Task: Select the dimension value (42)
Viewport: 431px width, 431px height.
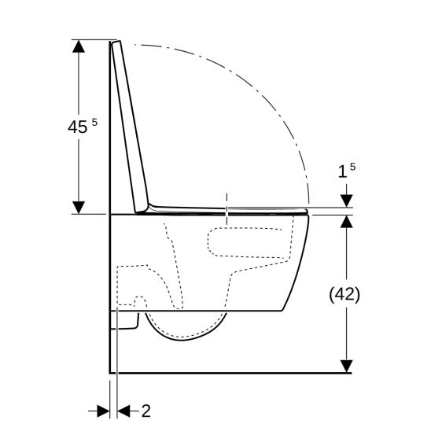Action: click(x=344, y=294)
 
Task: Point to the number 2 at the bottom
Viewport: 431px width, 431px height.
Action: click(x=146, y=410)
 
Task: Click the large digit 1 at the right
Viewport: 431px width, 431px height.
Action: click(x=343, y=172)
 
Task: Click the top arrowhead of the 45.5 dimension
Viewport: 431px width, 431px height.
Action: click(x=79, y=46)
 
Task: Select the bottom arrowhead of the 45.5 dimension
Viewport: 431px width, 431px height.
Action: click(x=79, y=206)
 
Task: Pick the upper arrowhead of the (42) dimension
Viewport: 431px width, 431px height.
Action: click(x=345, y=221)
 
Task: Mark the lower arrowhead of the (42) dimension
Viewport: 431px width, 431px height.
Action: click(x=345, y=365)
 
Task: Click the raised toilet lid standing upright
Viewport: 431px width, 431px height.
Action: click(x=132, y=126)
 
